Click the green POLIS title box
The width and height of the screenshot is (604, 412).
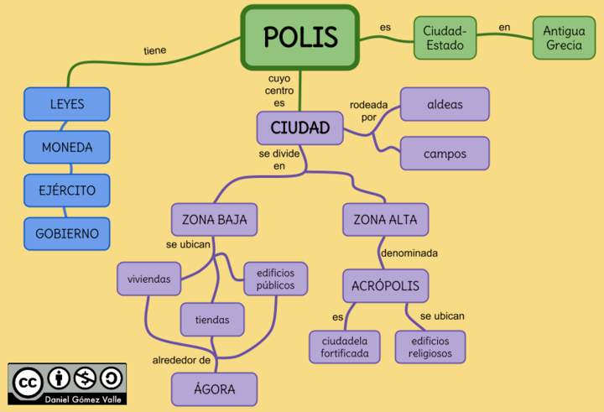tap(299, 37)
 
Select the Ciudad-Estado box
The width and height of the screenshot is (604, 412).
tap(445, 38)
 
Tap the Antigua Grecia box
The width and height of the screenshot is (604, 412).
tap(564, 38)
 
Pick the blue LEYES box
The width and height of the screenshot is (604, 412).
tap(67, 105)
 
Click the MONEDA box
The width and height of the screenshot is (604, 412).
tap(67, 148)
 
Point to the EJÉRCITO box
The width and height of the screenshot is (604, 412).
tap(67, 190)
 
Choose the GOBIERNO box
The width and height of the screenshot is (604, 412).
tap(67, 233)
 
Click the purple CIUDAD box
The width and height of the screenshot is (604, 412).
tap(299, 128)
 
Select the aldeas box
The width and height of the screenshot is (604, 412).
tap(445, 105)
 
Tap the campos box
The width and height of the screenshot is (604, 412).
tap(445, 154)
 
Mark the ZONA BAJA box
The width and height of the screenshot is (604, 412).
tap(214, 220)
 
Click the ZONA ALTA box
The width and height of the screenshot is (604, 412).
tap(385, 220)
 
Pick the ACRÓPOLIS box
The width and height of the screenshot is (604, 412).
tap(385, 285)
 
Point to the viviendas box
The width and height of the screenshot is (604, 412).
tap(149, 279)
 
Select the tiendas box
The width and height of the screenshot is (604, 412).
tap(212, 320)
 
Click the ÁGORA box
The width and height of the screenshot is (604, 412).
tap(214, 389)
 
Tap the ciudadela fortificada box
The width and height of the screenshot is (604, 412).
tap(344, 347)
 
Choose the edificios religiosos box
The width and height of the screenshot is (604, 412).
tap(430, 347)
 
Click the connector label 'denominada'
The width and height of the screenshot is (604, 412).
tap(409, 253)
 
